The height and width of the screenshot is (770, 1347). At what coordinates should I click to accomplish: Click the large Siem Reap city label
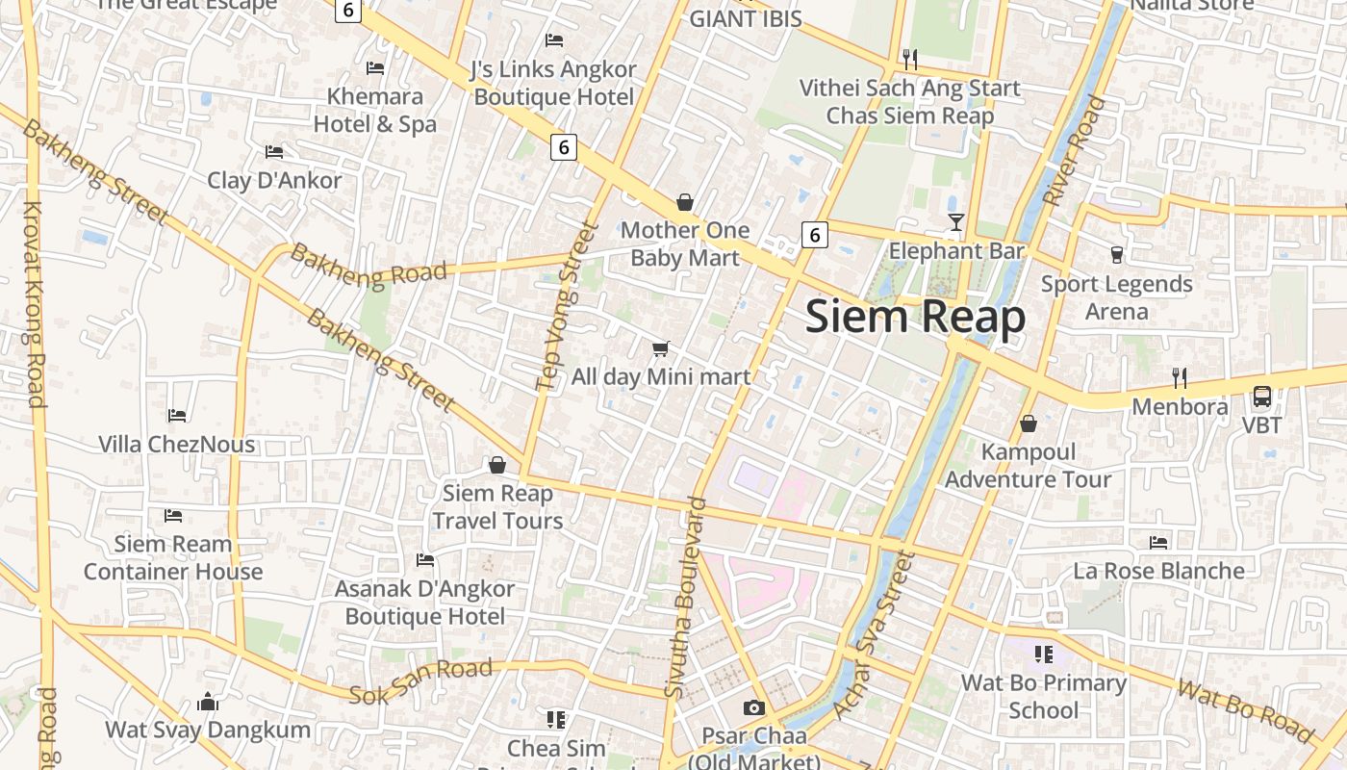(915, 317)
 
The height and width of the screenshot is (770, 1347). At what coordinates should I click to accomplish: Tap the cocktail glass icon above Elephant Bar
(955, 223)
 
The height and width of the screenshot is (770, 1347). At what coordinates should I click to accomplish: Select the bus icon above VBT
(1261, 396)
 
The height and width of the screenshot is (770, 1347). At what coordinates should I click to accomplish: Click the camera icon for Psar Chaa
(754, 708)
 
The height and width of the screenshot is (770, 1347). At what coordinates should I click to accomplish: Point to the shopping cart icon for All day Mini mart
(660, 348)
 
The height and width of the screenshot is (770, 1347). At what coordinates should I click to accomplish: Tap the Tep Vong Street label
(567, 306)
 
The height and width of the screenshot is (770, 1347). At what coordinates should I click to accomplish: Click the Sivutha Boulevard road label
(684, 597)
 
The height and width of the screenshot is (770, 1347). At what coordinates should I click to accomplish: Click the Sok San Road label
(420, 680)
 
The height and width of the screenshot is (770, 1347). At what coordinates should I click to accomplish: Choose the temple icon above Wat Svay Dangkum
(208, 702)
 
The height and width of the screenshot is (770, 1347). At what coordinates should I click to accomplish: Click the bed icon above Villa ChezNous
(177, 416)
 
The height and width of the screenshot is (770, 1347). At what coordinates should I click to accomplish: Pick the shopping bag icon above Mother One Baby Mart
(685, 202)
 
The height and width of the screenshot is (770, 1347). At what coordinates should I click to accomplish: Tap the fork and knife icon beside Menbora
(1180, 377)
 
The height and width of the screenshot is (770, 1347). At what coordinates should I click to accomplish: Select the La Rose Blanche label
(1158, 571)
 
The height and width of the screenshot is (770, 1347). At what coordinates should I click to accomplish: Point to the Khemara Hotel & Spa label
(375, 110)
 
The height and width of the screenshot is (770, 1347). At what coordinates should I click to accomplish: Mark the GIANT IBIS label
(746, 18)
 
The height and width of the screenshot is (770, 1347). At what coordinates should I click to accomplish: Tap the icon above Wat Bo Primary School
(1043, 655)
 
